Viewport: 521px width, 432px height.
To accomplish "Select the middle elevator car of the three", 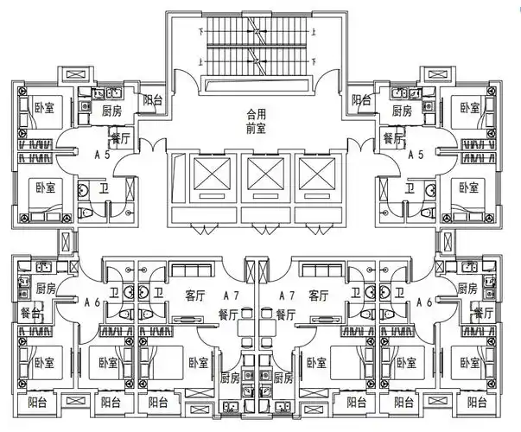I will click(260, 174).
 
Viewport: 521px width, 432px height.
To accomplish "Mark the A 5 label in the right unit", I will click(415, 156).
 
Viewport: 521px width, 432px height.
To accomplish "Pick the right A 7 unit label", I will click(286, 295).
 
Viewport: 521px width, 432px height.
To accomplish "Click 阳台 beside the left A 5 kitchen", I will click(153, 100).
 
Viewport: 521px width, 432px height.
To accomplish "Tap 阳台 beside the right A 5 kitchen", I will click(362, 100).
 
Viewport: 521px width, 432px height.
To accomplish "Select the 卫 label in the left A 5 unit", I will click(104, 189).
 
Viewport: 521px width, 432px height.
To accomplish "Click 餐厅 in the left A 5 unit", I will click(120, 138).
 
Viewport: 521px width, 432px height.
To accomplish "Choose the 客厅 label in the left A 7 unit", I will click(196, 295).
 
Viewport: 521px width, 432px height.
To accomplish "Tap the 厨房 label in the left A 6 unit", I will click(46, 289).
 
